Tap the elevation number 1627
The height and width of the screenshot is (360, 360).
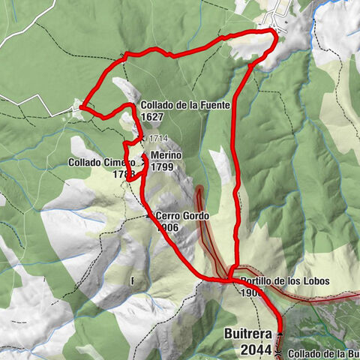(152, 116)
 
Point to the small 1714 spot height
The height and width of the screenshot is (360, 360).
(157, 138)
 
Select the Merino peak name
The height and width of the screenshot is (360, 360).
(166, 155)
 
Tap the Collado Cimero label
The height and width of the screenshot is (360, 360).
(103, 162)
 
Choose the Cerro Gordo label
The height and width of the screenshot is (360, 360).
(181, 216)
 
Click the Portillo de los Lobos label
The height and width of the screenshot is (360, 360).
(286, 281)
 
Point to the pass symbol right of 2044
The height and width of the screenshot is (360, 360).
(279, 349)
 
